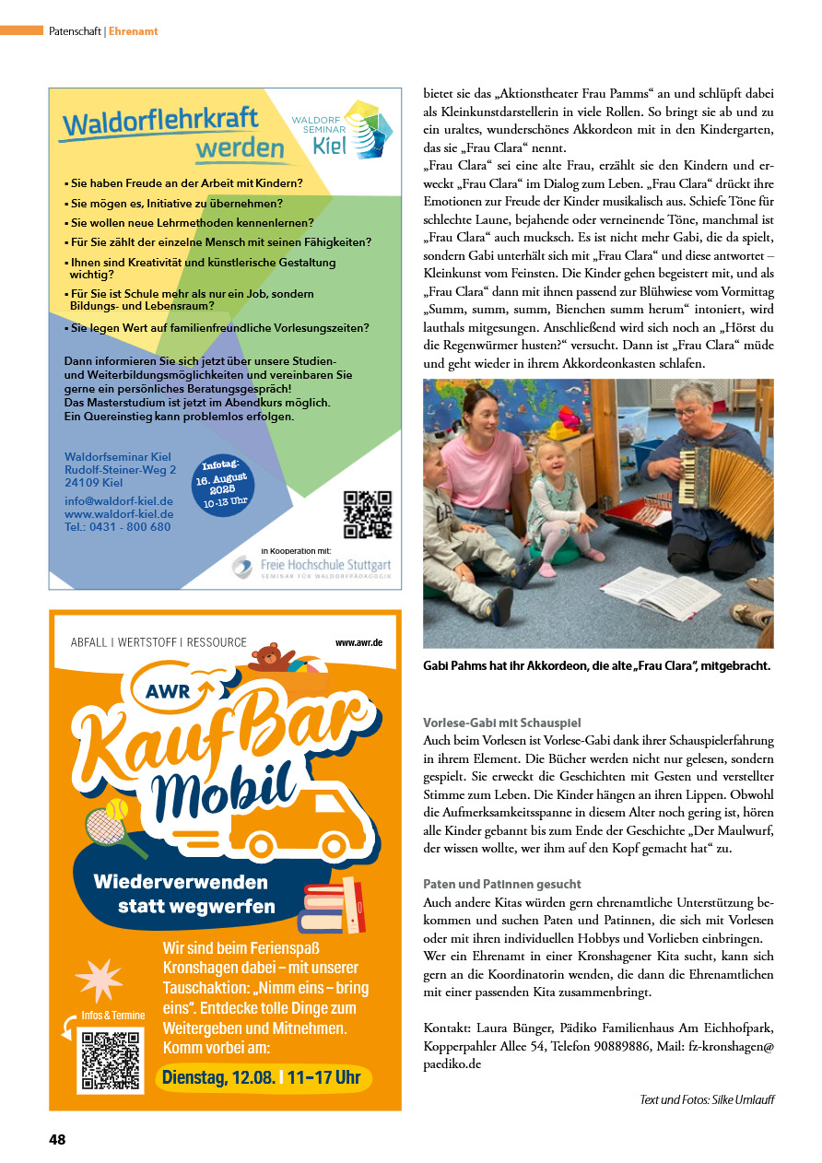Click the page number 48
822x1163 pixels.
tap(57, 1139)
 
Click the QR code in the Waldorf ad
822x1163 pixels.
tap(367, 515)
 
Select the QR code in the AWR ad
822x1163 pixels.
tap(112, 1059)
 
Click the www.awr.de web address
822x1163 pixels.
tap(358, 641)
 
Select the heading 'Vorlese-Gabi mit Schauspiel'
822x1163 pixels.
tap(502, 722)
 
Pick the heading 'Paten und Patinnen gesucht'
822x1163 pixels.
tap(502, 884)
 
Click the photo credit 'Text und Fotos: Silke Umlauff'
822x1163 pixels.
tap(707, 1099)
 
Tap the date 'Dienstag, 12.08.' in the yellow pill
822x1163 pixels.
tap(218, 1077)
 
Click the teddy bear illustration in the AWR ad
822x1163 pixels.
tap(268, 657)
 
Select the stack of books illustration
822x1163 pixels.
tap(333, 909)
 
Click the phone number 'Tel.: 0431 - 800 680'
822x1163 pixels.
tap(117, 527)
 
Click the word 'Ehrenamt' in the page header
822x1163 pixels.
tap(134, 31)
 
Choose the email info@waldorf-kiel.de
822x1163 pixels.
tap(118, 501)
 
